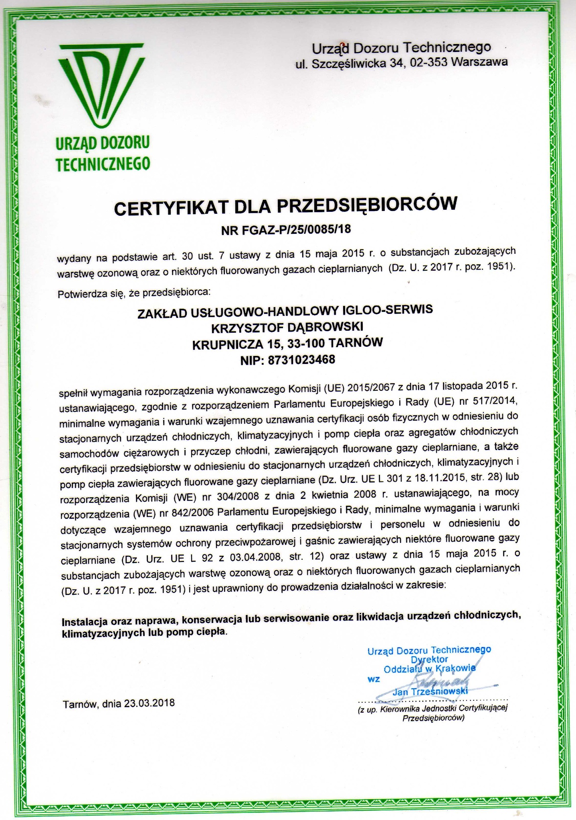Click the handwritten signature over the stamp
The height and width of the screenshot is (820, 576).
click(x=440, y=680)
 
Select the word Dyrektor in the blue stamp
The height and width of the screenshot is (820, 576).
click(x=429, y=659)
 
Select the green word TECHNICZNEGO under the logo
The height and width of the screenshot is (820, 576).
click(x=103, y=164)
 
